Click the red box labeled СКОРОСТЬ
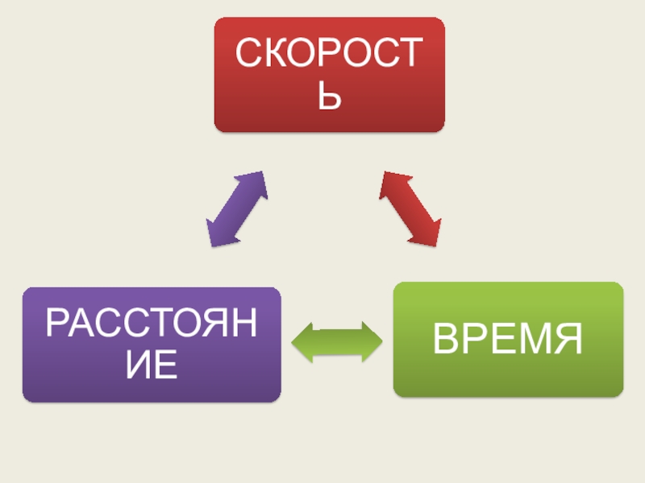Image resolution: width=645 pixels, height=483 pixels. (329, 74)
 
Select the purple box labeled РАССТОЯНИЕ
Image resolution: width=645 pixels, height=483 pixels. (152, 345)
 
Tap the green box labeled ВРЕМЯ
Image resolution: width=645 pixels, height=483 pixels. (508, 339)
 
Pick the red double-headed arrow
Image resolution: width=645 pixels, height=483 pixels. (411, 208)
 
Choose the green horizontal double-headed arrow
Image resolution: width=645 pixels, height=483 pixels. (337, 341)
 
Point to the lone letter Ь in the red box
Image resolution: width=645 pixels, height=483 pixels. (329, 99)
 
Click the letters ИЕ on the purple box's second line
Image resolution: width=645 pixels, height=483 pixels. (152, 366)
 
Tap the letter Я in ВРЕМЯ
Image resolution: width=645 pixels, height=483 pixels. (568, 339)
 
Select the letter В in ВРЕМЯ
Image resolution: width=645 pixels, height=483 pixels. (447, 339)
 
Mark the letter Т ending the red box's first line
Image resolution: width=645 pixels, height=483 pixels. (408, 53)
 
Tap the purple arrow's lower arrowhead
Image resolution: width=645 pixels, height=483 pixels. (216, 235)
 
